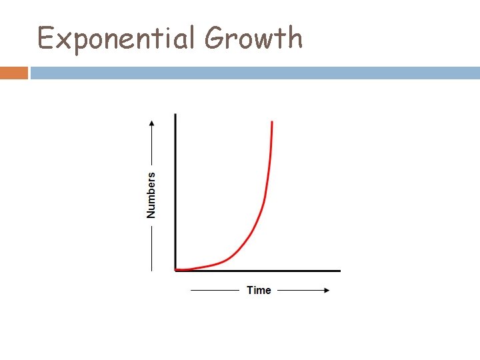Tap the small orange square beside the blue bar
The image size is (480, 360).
pos(13,73)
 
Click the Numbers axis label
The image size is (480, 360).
pos(151,195)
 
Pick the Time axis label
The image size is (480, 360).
pos(259,290)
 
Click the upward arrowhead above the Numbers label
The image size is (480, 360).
pos(151,123)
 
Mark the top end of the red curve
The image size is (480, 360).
pos(272,122)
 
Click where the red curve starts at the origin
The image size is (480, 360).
pos(177,269)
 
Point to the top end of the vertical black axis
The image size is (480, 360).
pos(175,115)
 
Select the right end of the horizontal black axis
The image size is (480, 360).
pos(339,271)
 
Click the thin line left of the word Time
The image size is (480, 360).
pos(215,290)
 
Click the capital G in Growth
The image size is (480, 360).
pos(215,39)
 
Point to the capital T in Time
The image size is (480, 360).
pos(249,290)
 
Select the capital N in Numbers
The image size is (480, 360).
pos(151,213)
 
